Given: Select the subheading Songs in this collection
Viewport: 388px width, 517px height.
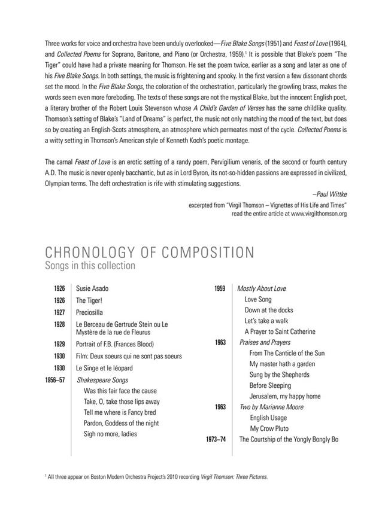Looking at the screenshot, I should point(90,265).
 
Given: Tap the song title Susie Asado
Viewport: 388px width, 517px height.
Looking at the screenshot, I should point(92,288).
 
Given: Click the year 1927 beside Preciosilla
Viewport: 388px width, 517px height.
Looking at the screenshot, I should point(59,312).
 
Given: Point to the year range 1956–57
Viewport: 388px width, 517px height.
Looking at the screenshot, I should point(55,380).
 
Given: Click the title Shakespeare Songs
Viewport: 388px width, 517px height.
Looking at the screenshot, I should point(102,380).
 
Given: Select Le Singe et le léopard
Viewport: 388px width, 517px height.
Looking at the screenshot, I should point(104,368).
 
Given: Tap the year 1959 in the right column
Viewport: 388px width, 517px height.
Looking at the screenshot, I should point(220,288).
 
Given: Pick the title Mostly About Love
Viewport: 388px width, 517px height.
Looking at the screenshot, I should point(262,288).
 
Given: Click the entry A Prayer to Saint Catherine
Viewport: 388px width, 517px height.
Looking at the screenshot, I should point(280,332).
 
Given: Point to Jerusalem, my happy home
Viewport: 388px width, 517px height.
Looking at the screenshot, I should point(284,396).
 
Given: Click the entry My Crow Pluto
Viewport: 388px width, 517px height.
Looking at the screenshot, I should point(269,428).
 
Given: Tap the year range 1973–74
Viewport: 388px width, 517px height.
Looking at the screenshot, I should point(216,439).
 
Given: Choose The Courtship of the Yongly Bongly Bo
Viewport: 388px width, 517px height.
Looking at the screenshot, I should point(289,439).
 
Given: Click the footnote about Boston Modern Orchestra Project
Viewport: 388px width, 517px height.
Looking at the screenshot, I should point(157,477).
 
